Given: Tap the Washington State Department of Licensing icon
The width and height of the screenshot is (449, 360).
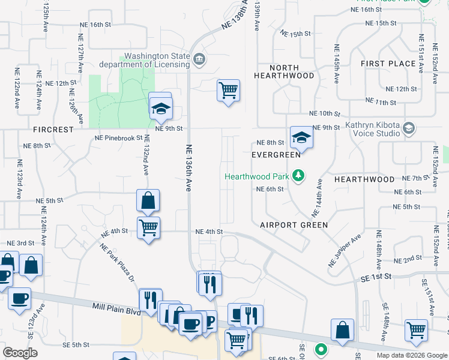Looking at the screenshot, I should pos(199,59).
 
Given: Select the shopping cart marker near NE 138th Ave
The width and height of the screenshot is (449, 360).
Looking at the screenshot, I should pos(228,91).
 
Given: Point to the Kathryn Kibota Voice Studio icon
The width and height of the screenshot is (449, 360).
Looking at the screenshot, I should pos(409,127).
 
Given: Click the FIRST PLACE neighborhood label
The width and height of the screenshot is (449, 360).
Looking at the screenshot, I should pos(388,63).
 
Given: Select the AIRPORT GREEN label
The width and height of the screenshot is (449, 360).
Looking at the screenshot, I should pos(294,225).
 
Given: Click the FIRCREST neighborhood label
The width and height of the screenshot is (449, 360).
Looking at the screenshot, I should pos(53,129).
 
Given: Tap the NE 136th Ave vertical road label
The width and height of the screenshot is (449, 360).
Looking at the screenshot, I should pos(187,167).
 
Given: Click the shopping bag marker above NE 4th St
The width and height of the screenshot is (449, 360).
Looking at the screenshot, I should pos(148,200).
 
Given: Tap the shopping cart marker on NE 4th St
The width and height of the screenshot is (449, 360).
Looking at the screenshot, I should pos(148,227).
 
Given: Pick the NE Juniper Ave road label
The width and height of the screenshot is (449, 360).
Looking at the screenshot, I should pos(345,251).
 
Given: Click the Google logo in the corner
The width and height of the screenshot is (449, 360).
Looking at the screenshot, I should pos(20,353).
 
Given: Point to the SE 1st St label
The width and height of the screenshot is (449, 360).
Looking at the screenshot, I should pos(376,276).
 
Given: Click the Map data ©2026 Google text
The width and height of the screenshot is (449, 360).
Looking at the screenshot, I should pos(411,355).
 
